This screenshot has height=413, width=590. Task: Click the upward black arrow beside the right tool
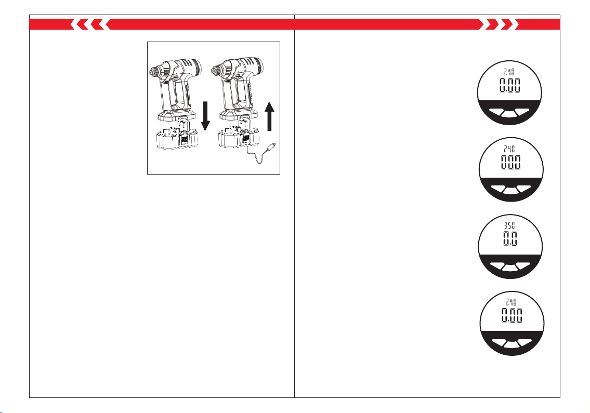(269, 116)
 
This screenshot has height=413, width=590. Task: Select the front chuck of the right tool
(217, 70)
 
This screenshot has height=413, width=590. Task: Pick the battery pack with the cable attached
(239, 138)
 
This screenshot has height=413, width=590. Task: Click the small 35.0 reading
(509, 225)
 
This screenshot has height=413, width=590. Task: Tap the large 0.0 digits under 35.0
(510, 238)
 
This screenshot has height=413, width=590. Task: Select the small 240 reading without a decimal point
(509, 149)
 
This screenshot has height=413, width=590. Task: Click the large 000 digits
(510, 162)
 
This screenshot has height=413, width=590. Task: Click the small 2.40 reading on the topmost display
(509, 72)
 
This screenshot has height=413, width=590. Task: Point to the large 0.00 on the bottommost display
(512, 315)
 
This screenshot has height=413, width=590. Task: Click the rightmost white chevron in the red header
(517, 24)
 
